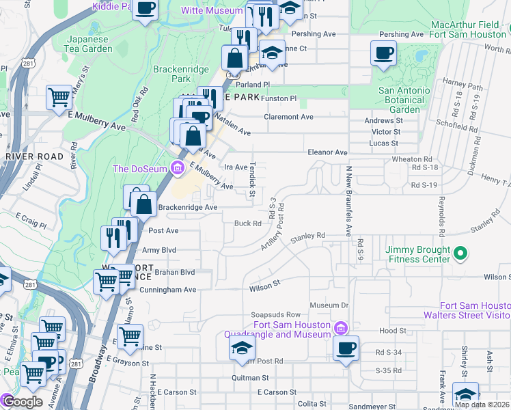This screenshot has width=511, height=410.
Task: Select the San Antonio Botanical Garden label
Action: click(x=404, y=100)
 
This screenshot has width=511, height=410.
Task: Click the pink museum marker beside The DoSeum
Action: click(x=178, y=167)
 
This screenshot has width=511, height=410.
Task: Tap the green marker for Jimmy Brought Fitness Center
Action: click(x=460, y=254)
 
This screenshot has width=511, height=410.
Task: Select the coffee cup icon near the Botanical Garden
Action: click(x=383, y=53)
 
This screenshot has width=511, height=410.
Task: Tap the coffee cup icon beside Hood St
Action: click(x=346, y=347)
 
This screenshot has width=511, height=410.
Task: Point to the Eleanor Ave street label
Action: click(x=328, y=152)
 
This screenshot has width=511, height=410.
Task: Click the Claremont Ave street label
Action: click(x=289, y=117)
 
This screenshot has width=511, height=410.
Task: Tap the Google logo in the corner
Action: click(x=23, y=402)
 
